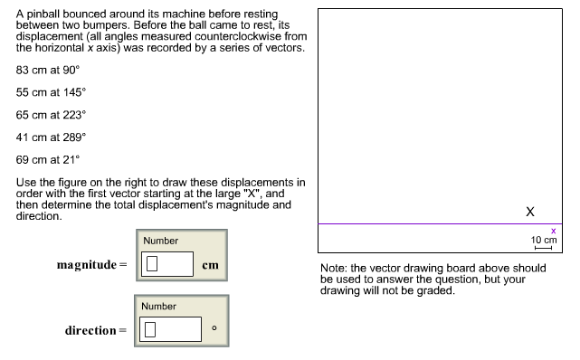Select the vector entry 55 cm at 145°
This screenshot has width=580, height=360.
[x=52, y=92]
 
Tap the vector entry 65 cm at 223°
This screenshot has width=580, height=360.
[x=52, y=115]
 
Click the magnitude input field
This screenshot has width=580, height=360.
[x=168, y=264]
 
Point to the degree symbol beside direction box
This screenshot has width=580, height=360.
[x=212, y=327]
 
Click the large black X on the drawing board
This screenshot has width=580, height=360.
[x=530, y=211]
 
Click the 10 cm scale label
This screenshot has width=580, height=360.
[x=543, y=240]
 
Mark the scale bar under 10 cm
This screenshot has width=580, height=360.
[x=543, y=248]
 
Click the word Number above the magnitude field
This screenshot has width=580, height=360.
[x=160, y=241]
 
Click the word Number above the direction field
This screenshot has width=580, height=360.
[x=159, y=307]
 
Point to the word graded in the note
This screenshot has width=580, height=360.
[x=434, y=290]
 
